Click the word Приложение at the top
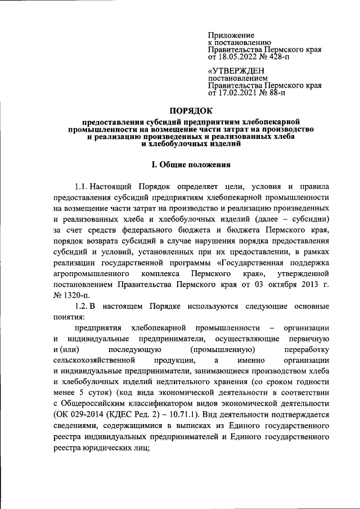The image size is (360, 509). (231, 35)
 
